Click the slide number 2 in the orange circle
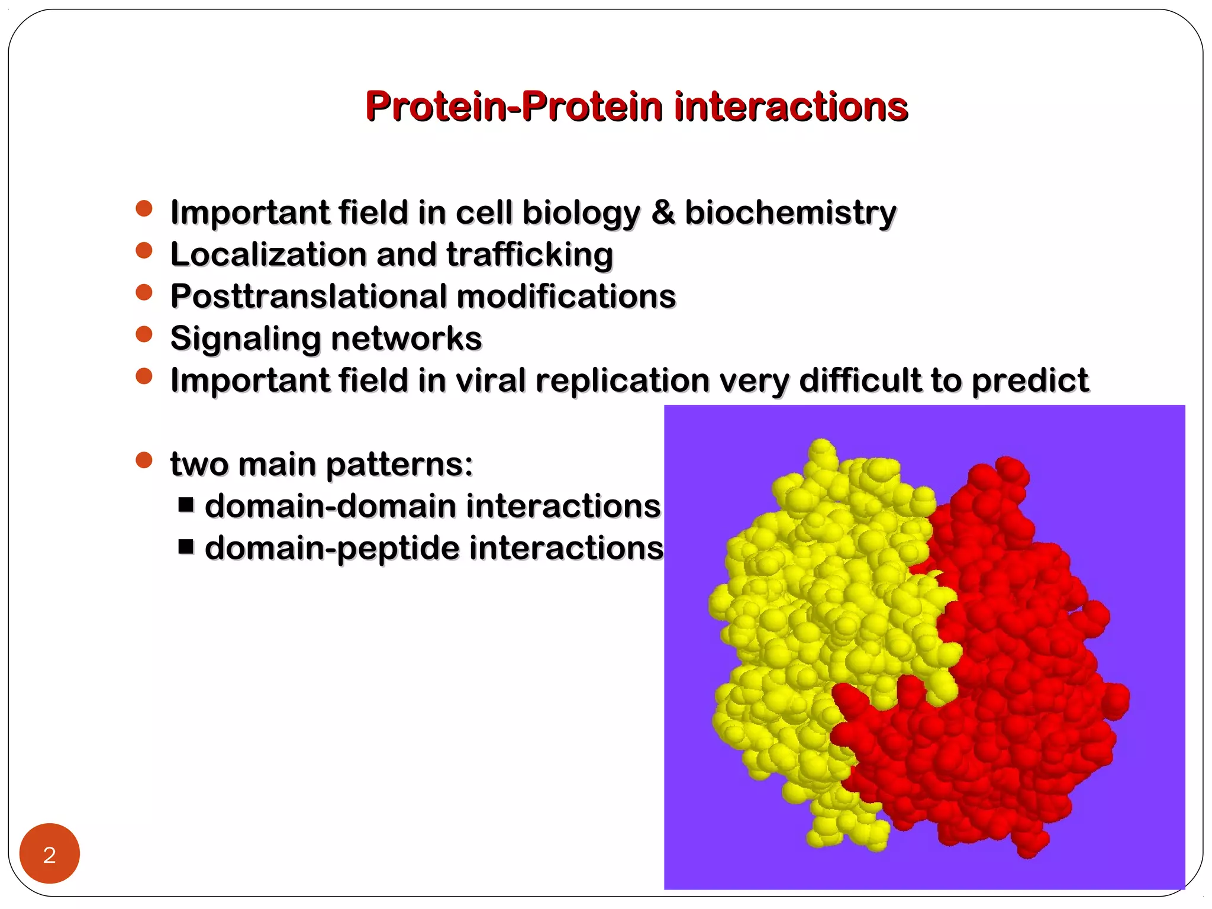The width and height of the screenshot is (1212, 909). pos(50,855)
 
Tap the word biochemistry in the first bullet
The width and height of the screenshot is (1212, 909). pos(790,212)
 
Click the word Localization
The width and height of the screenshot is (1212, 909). pos(269,254)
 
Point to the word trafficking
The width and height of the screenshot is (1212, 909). pos(530,255)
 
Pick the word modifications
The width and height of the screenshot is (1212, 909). pos(566,296)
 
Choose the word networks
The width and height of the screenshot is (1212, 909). pos(407,338)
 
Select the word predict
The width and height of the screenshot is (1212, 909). pos(1030,381)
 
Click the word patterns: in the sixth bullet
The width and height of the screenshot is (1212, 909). pos(399,465)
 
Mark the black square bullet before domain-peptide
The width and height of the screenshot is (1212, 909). pos(186,546)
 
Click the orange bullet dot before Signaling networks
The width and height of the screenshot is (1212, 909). pos(144,334)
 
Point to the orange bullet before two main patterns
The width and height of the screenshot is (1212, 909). pos(144,460)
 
